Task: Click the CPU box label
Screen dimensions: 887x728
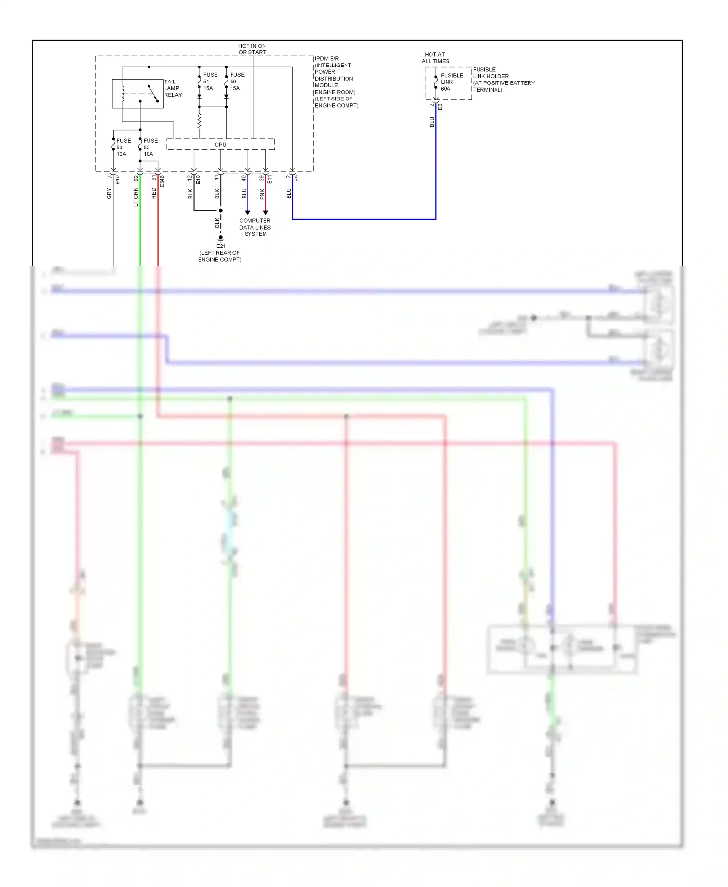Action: pos(220,145)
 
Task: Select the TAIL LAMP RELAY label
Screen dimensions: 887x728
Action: pos(172,88)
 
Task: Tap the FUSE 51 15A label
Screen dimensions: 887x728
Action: pos(210,82)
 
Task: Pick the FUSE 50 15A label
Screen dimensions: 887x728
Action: pos(236,82)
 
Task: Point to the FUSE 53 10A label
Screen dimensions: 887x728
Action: pos(123,148)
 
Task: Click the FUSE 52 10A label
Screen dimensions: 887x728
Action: pos(150,148)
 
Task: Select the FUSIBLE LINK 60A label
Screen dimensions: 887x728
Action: pos(451,82)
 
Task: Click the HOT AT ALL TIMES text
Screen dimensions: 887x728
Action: pos(435,58)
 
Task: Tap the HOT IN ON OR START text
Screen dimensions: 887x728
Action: pos(252,49)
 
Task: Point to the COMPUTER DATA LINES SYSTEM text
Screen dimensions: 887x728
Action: pos(255,227)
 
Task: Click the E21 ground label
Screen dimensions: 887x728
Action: pos(221,246)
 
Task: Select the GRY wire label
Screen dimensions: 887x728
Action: pos(109,194)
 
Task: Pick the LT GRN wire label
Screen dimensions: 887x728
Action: pos(136,197)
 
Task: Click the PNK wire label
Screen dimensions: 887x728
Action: pos(262,194)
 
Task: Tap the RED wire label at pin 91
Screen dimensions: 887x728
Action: pos(154,193)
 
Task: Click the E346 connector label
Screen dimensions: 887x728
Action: pos(162,181)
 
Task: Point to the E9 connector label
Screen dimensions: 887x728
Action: pos(297,179)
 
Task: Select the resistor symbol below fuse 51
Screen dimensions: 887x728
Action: pos(199,121)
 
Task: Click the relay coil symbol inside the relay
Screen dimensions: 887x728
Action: pos(123,94)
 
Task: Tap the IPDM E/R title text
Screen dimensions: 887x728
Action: pos(327,59)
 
